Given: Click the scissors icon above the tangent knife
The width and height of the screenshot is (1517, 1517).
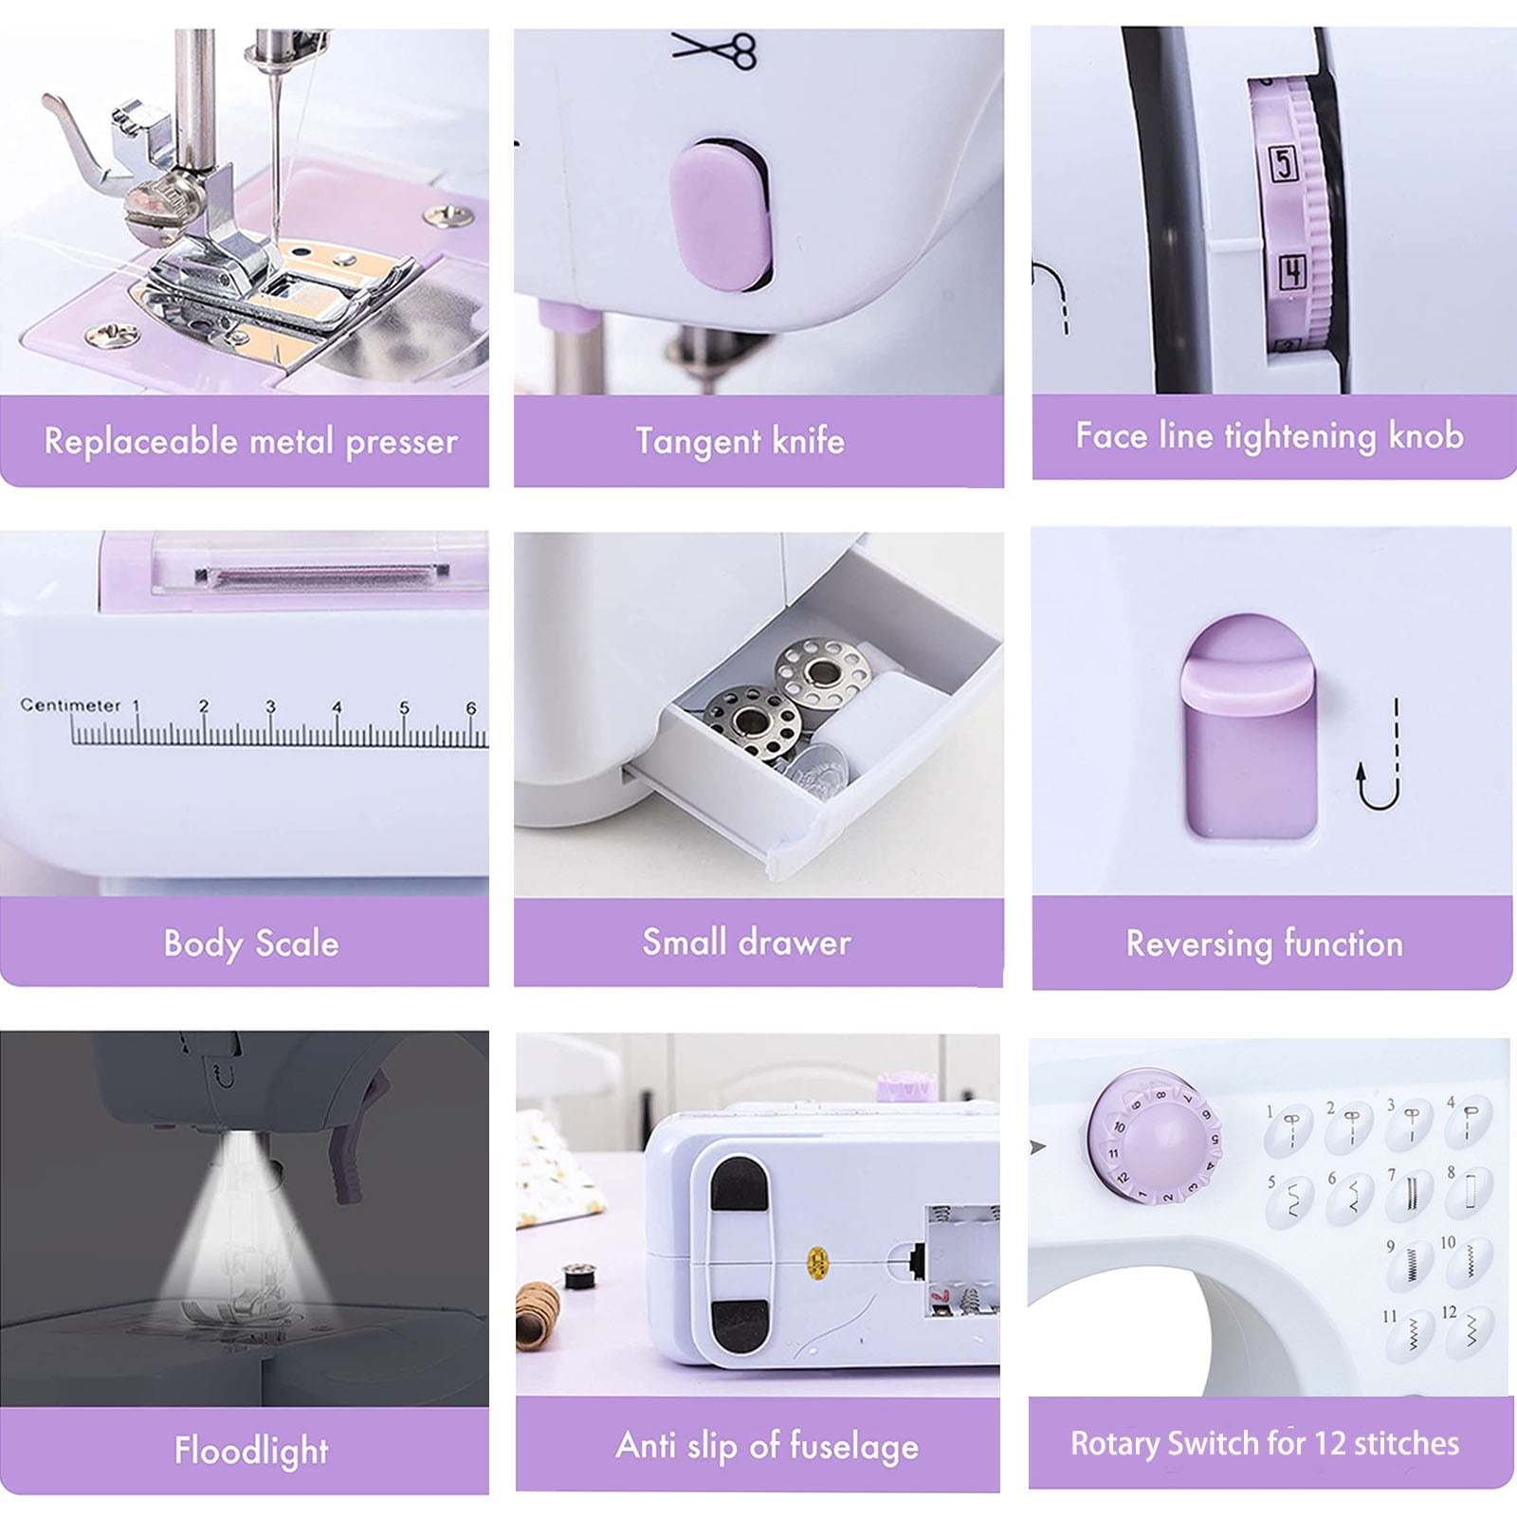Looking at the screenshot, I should coord(715,49).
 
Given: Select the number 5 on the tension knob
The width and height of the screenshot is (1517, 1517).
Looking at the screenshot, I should coord(1284,163).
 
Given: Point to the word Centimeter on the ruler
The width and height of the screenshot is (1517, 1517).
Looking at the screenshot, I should coord(71,705).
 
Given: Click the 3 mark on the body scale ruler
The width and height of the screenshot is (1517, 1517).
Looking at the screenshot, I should coord(270,707).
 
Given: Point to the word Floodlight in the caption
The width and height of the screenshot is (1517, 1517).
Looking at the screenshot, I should coord(251,1451).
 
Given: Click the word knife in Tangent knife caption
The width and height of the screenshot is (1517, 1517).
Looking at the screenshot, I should coord(807,442).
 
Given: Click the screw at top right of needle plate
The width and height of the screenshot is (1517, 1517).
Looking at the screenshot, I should coord(449,216).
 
